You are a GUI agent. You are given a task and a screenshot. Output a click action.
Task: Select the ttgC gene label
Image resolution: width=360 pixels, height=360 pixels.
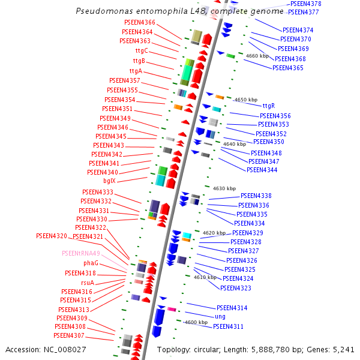(141, 50)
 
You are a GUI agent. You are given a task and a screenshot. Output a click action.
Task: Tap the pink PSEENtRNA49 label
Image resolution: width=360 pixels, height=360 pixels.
(80, 254)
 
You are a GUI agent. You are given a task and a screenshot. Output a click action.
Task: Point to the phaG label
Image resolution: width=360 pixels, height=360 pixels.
(91, 263)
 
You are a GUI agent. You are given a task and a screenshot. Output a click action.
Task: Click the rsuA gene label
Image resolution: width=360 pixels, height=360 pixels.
(88, 283)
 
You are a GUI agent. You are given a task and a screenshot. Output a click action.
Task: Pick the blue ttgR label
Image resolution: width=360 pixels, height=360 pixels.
(268, 106)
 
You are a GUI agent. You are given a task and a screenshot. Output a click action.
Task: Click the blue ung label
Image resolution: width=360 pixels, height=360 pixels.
(220, 316)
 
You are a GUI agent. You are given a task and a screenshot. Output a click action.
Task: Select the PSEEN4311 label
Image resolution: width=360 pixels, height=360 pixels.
(228, 326)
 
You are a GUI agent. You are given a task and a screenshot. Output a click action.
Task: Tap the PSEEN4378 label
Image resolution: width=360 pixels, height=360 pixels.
(306, 4)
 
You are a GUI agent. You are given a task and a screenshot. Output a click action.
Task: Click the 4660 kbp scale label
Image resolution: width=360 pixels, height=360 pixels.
(258, 56)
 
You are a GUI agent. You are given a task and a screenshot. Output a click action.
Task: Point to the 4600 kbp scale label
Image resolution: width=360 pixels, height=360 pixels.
(196, 322)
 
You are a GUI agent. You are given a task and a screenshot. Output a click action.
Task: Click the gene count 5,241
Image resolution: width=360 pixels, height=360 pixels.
(343, 349)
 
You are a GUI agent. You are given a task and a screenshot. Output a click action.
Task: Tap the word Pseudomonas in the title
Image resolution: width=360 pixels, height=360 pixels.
(102, 11)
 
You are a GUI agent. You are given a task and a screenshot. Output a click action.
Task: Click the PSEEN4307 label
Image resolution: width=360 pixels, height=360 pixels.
(69, 336)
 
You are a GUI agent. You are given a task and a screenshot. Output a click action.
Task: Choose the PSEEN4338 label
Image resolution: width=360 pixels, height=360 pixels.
(256, 196)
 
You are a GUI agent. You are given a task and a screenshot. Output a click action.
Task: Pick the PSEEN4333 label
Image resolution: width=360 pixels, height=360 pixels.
(97, 192)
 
